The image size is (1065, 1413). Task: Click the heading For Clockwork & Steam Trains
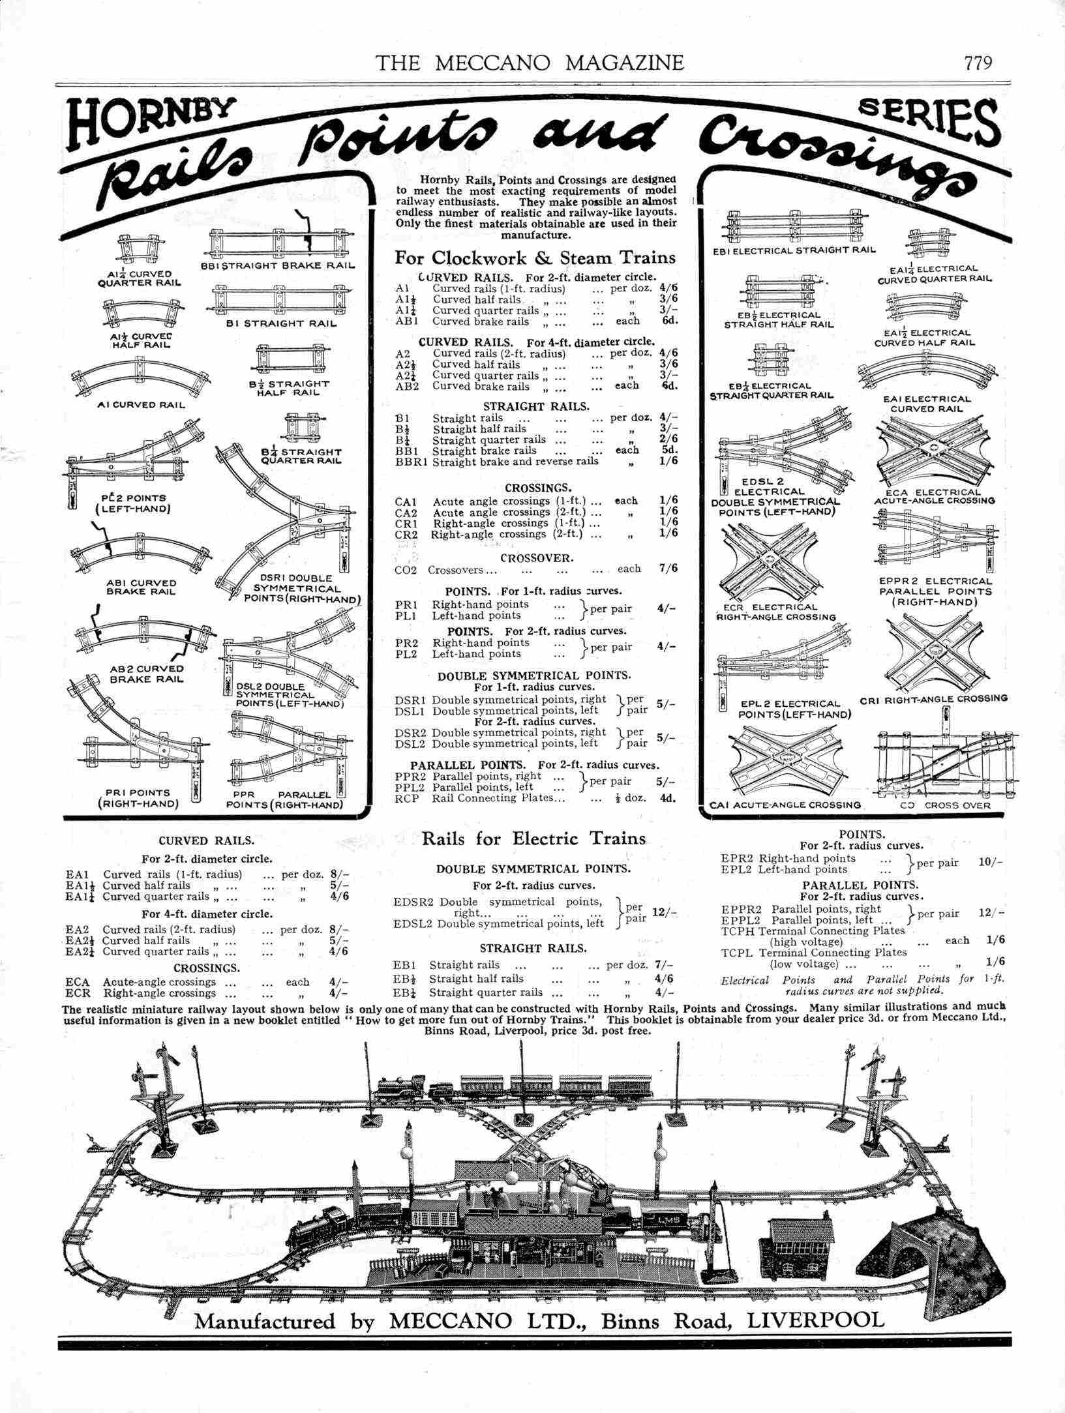pos(535,257)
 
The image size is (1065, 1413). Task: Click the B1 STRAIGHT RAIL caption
pos(281,323)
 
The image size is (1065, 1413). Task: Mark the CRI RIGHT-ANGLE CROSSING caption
pos(933,698)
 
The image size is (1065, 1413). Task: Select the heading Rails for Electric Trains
pos(533,839)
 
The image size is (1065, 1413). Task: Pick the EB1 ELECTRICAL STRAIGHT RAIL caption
pos(793,250)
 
